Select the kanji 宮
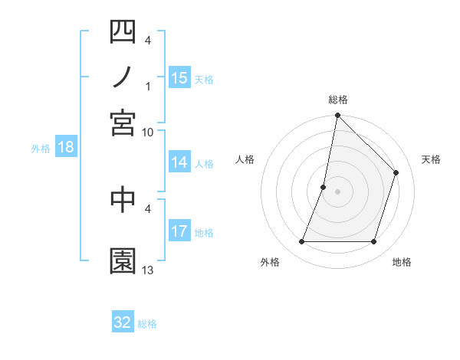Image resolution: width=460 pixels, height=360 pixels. pos(123,123)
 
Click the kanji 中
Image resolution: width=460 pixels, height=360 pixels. pos(123,201)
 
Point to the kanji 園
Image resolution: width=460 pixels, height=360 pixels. pos(123,261)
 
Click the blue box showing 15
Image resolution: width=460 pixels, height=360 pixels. pos(179,77)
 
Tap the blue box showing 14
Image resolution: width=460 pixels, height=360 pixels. pos(179,162)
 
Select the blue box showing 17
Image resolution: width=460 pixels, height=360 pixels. pos(179,231)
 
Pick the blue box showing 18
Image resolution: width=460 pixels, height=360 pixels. pos(65,148)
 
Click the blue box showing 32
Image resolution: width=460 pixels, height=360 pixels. pos(123,322)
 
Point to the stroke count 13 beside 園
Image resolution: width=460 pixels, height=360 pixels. pos(148,270)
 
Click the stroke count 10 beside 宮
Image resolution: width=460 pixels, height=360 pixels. pos(148,132)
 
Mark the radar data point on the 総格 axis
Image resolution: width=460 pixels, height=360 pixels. pos(337,116)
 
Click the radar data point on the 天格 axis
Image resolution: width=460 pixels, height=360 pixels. pos(396,172)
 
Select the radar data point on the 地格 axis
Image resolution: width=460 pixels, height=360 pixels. pos(374,242)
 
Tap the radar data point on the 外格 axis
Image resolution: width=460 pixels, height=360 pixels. pos(301,242)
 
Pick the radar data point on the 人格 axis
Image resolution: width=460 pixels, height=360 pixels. pos(324,187)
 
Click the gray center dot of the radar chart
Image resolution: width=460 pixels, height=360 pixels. pos(337,191)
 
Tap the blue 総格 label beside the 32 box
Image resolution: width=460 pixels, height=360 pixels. pos(147,324)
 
